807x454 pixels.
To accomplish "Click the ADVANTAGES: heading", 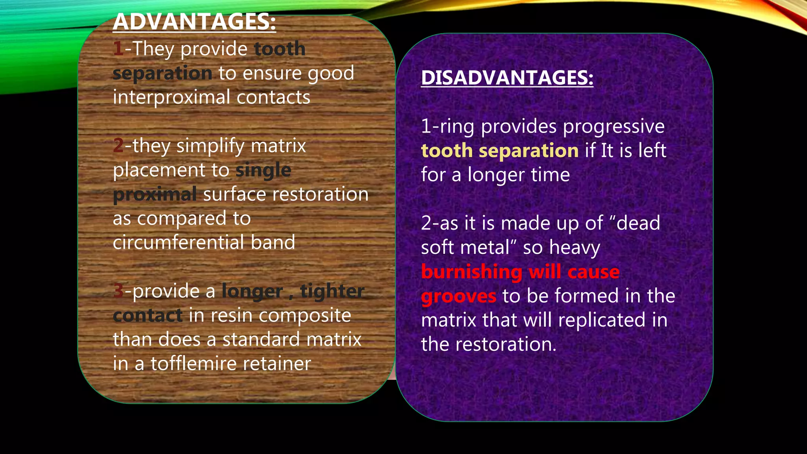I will [x=194, y=22].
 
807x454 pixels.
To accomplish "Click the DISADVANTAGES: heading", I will [x=507, y=77].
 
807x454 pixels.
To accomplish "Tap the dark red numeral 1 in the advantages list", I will [x=118, y=49].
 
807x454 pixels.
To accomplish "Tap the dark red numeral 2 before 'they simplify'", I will [x=118, y=145].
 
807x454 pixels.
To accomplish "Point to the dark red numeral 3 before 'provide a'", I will [x=118, y=291].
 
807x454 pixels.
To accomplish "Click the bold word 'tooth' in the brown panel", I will [x=279, y=49].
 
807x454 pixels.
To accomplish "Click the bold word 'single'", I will [x=263, y=170].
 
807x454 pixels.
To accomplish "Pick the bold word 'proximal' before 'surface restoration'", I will [x=154, y=194].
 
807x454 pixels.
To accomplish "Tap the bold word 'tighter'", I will [x=332, y=291].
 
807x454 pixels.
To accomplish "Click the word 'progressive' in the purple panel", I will [x=613, y=127].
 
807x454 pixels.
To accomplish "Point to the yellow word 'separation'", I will [x=528, y=151].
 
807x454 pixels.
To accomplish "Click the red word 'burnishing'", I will [x=472, y=272].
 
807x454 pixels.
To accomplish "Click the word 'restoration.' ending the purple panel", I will [x=506, y=344].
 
